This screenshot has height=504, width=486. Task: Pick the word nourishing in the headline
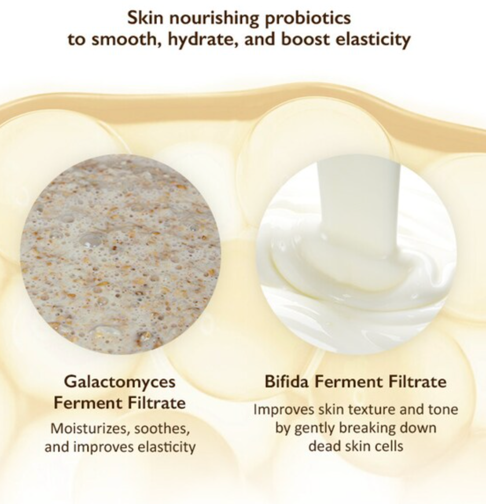tap(214, 18)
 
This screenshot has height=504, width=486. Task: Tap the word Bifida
tap(287, 382)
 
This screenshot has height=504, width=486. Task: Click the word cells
tap(388, 446)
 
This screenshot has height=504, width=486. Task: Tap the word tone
tap(442, 410)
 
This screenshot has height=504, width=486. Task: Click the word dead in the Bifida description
tap(322, 446)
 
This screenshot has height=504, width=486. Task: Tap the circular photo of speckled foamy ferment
tap(121, 254)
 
